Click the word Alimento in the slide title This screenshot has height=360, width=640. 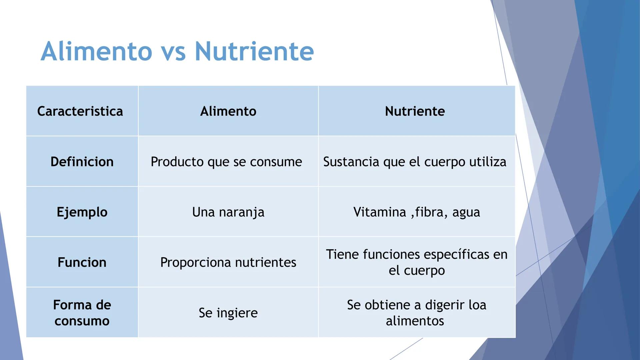97,51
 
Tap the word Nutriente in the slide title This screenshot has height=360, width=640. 254,51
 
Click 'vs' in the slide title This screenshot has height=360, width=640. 173,53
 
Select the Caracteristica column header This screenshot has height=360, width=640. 80,111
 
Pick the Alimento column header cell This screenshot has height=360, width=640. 228,111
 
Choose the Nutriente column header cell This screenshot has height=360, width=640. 415,111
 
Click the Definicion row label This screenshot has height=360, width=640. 82,162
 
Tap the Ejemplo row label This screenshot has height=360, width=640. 82,212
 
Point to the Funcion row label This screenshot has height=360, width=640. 82,262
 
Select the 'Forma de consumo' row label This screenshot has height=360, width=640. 82,313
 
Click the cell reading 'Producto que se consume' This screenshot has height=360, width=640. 226,162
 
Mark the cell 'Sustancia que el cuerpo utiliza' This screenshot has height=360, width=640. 415,162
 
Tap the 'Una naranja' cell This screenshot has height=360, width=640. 228,212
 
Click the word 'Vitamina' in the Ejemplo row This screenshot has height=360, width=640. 379,212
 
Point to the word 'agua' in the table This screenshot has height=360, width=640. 466,212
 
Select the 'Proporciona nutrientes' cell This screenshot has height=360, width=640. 228,262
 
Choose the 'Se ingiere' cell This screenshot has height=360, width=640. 228,313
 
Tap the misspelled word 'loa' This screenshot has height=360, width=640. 477,305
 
